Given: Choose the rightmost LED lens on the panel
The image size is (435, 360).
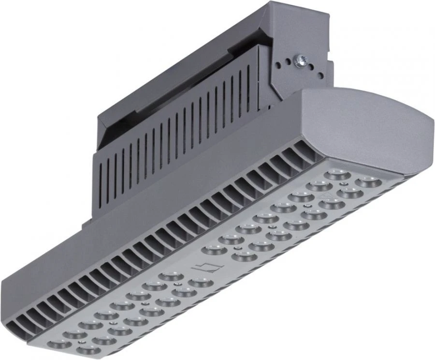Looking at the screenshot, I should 368,182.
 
